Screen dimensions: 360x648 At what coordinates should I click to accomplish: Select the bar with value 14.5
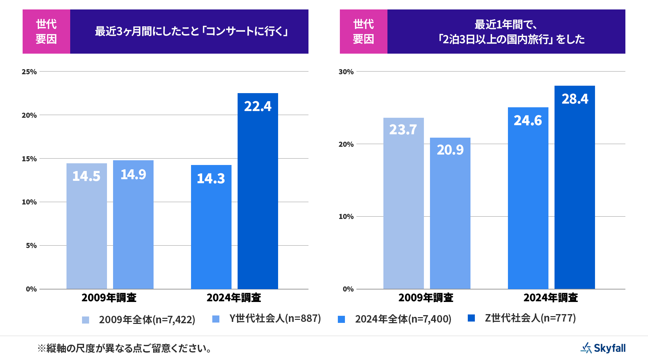pyautogui.click(x=87, y=226)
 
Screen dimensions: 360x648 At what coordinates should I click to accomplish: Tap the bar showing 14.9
pyautogui.click(x=133, y=224)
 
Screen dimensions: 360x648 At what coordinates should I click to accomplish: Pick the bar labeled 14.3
pyautogui.click(x=211, y=227)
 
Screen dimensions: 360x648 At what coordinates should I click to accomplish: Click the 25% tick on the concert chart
pyautogui.click(x=29, y=72)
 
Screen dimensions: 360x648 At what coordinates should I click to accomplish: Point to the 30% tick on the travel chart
pyautogui.click(x=346, y=72)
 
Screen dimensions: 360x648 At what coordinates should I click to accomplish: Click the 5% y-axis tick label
pyautogui.click(x=31, y=246)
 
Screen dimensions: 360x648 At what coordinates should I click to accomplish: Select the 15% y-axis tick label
pyautogui.click(x=29, y=159)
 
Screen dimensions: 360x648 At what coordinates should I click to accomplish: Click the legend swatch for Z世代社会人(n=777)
pyautogui.click(x=471, y=318)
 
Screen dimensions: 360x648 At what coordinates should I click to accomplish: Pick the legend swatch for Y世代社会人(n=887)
pyautogui.click(x=216, y=319)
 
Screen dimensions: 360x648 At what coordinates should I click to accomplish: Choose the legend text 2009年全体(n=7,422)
pyautogui.click(x=147, y=320)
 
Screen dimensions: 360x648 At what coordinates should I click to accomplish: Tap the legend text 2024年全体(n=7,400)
pyautogui.click(x=403, y=319)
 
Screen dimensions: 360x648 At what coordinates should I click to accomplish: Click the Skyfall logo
pyautogui.click(x=603, y=348)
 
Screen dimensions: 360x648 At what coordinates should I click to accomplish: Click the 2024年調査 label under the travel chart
pyautogui.click(x=550, y=298)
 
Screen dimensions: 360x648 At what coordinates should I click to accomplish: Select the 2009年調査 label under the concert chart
pyautogui.click(x=109, y=298)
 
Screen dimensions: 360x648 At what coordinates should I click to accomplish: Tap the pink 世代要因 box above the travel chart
pyautogui.click(x=363, y=31)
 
